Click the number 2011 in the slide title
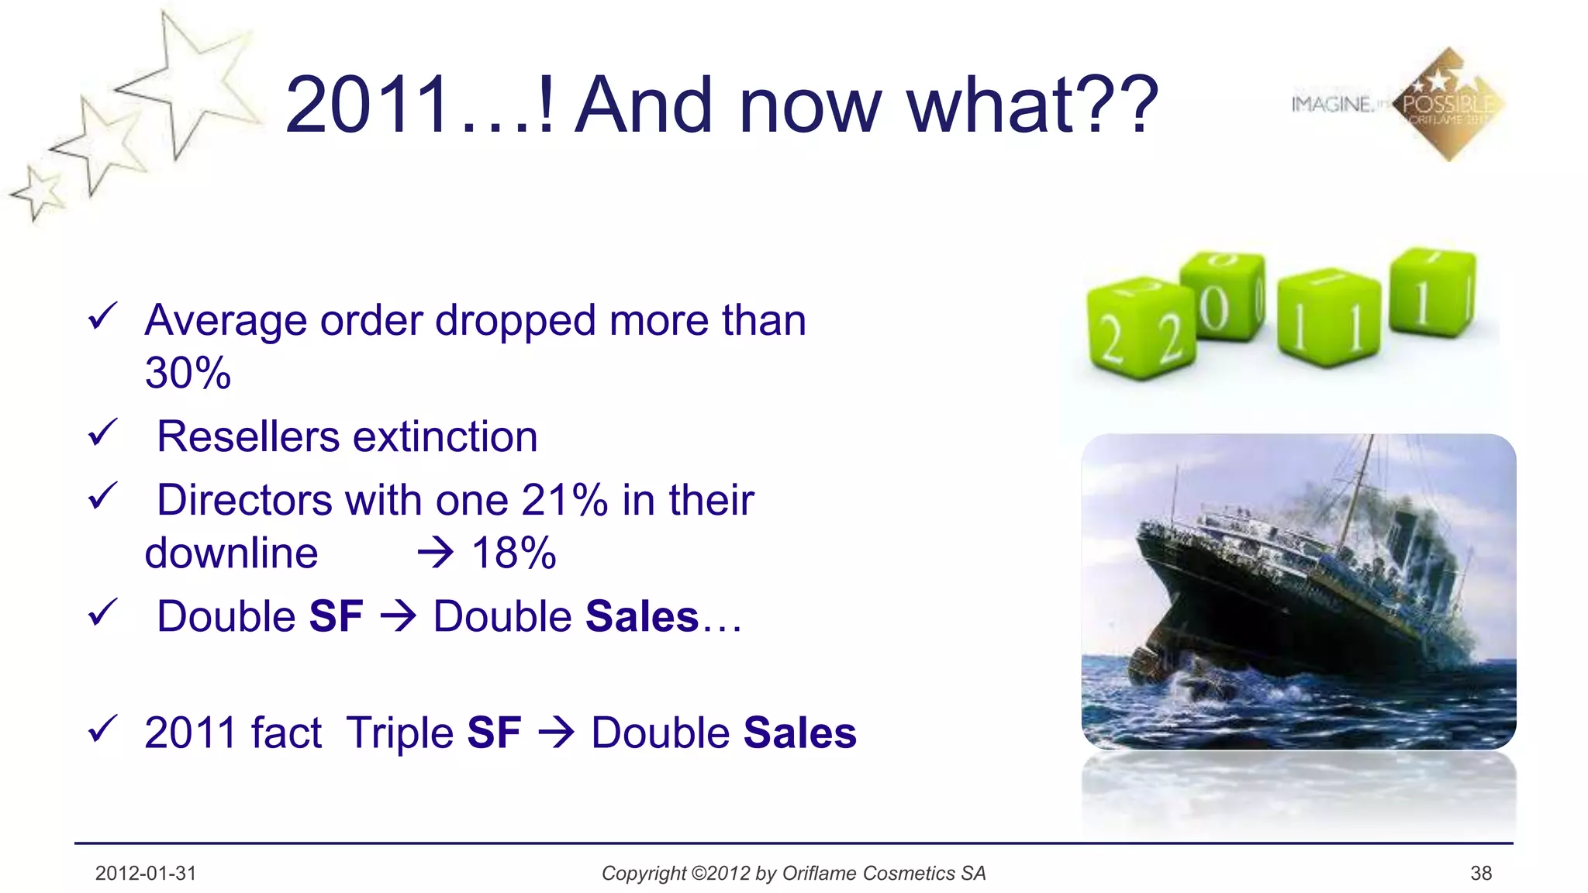pos(368,105)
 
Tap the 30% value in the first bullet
pos(188,373)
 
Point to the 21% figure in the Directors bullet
pos(564,500)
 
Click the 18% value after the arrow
pos(514,553)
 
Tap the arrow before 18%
pos(435,553)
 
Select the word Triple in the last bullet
pos(399,733)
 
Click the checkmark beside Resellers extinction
pos(102,433)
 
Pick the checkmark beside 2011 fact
pos(102,729)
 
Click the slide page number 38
pos(1481,874)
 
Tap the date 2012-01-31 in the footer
pos(146,874)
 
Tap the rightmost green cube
pos(1432,293)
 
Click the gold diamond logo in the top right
pos(1448,105)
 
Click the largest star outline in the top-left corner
pos(190,85)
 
